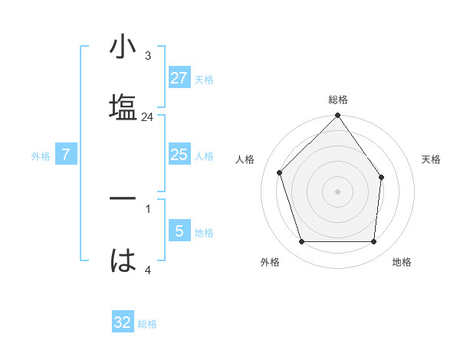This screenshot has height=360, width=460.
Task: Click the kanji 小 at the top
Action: point(123,48)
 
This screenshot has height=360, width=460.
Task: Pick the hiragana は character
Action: point(123,260)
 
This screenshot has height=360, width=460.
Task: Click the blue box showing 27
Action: point(179,78)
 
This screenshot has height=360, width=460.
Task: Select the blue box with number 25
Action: point(179,155)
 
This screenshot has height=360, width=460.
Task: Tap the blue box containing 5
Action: point(179,231)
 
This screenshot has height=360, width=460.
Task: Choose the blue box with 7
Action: point(66,155)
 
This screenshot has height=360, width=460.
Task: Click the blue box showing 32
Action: point(123,322)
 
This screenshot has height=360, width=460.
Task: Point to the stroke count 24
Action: point(148,117)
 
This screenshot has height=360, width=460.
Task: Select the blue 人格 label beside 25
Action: point(204,156)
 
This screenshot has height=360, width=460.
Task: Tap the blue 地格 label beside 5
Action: point(204,233)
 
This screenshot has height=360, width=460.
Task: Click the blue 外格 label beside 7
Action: point(41,156)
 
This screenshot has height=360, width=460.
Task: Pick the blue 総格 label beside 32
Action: point(147,324)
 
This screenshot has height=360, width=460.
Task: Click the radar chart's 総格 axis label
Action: point(338,100)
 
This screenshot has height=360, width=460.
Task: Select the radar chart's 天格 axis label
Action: point(432,159)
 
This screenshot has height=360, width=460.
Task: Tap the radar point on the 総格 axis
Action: point(338,116)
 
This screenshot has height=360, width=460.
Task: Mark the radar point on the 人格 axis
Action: point(280,172)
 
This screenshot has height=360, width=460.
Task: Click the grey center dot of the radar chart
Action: point(338,191)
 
